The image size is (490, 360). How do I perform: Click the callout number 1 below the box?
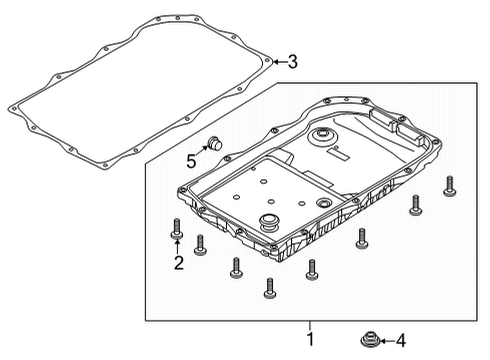click(x=309, y=339)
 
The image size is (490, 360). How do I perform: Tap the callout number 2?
click(x=177, y=263)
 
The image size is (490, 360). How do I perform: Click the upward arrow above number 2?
click(x=177, y=245)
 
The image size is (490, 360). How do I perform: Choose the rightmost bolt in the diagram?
click(x=450, y=186)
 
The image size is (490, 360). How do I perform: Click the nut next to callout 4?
click(x=368, y=339)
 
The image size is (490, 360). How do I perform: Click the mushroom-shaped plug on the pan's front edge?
click(x=270, y=222)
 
